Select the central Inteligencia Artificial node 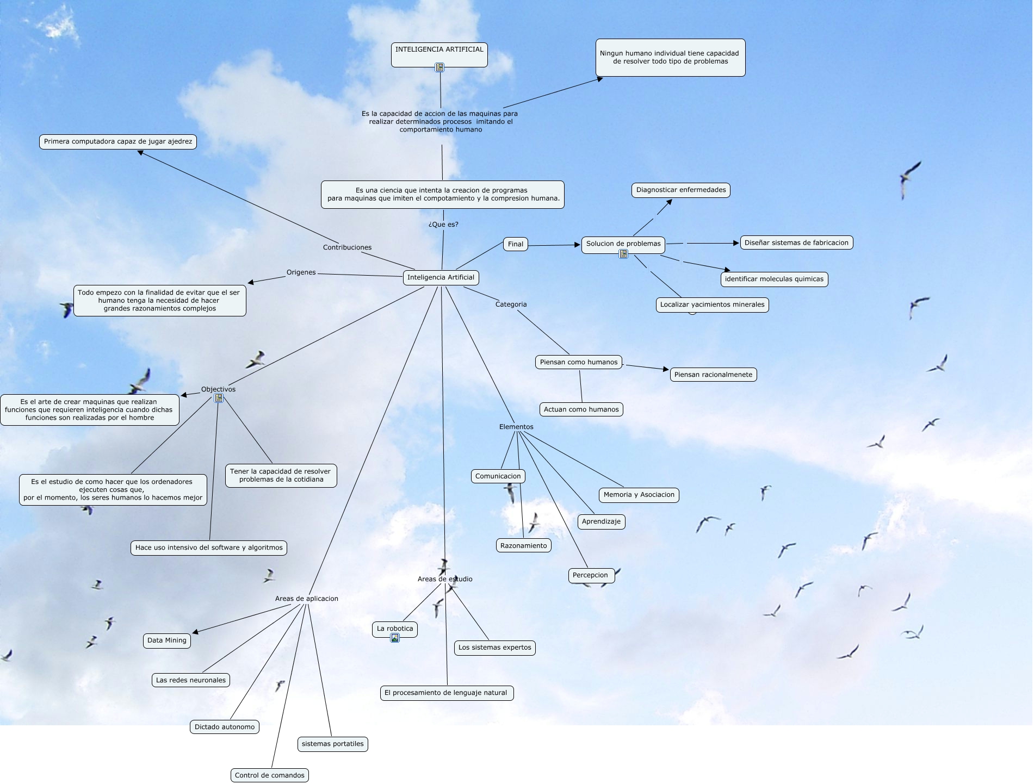441,277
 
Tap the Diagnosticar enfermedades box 680,190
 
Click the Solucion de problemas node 623,244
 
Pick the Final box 515,244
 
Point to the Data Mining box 166,640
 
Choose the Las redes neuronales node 190,680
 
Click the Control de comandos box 269,775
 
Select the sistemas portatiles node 332,744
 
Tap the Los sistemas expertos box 494,648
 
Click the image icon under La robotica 395,638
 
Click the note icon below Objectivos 219,398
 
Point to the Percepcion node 591,575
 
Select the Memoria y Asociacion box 639,495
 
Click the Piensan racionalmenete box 713,375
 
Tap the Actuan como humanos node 581,409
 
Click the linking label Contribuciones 347,247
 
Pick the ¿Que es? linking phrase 443,224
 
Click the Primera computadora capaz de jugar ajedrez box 117,141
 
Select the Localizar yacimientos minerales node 712,304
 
